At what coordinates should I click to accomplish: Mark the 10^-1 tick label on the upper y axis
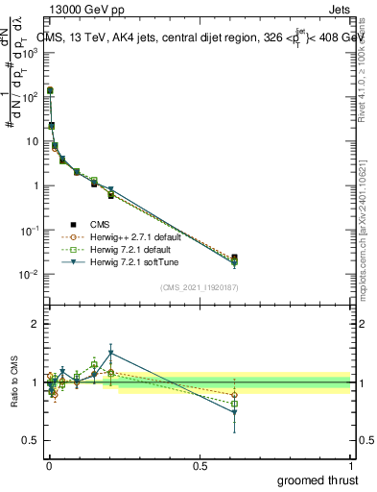click(29, 231)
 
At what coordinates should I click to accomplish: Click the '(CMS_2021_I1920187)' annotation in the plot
click(199, 287)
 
